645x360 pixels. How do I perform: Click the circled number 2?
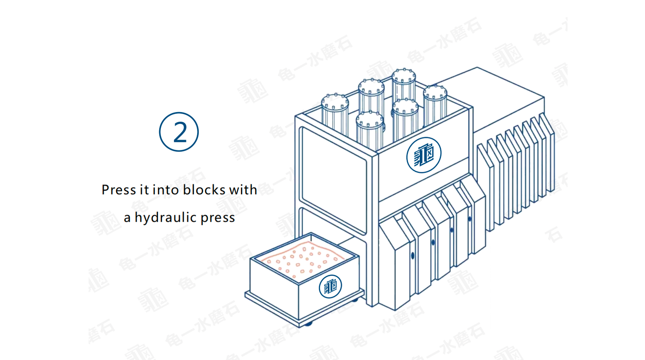point(179,132)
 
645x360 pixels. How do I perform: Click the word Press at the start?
point(119,189)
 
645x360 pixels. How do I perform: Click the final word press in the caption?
point(218,218)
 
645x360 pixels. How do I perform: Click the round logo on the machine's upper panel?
point(424,155)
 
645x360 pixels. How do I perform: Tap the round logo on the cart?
point(330,287)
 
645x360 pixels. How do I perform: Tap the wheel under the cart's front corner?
point(308,324)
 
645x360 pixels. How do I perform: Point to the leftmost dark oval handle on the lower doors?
point(413,256)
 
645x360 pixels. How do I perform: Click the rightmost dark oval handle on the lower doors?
point(470,219)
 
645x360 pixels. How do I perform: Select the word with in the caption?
point(243,189)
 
